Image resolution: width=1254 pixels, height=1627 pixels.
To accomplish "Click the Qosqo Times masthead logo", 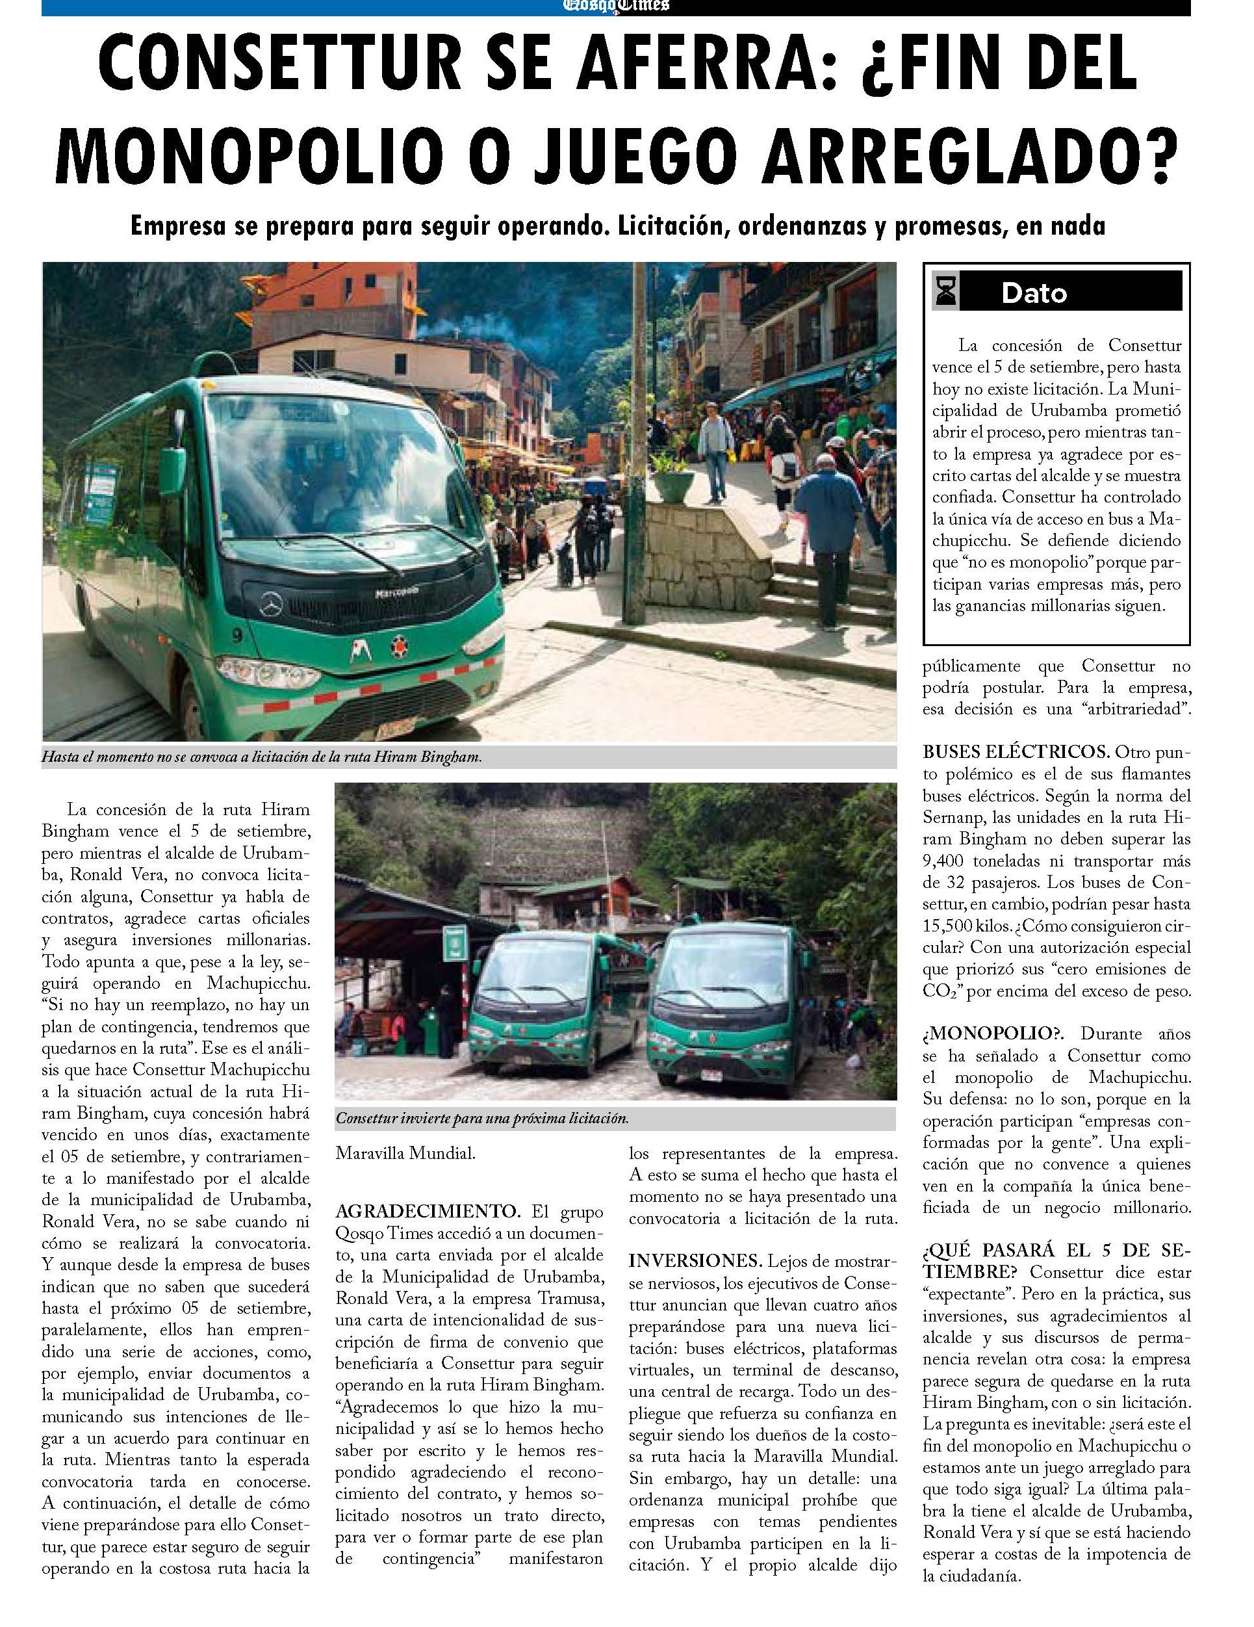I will [x=616, y=6].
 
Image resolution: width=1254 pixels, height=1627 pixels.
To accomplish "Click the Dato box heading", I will [x=1034, y=293].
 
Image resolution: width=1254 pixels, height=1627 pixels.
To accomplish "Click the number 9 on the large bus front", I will [x=235, y=634].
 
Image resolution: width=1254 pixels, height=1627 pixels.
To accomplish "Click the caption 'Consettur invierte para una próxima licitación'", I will [x=483, y=1118].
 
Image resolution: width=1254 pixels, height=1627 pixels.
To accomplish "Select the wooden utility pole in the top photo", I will [x=636, y=439].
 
